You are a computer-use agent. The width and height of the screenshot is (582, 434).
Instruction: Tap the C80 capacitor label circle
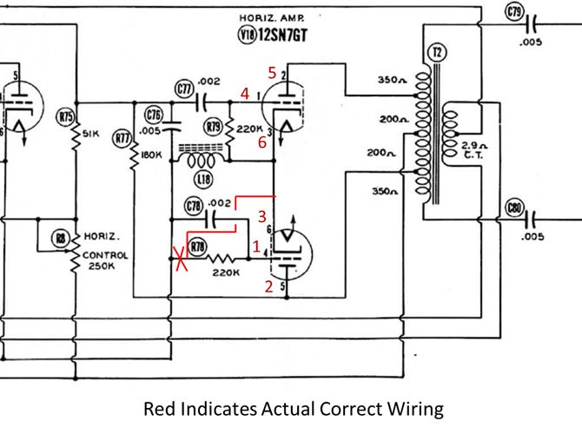513,207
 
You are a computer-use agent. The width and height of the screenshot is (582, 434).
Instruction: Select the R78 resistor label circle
199,247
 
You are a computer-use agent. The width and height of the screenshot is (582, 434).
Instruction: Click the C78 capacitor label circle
195,205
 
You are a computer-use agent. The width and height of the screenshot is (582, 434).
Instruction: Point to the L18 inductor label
204,179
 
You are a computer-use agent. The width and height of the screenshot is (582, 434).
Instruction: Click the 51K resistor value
92,134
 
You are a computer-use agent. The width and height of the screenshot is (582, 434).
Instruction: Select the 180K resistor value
150,155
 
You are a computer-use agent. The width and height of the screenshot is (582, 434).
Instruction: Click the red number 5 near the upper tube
271,73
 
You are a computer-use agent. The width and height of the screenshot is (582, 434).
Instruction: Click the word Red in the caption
158,408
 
